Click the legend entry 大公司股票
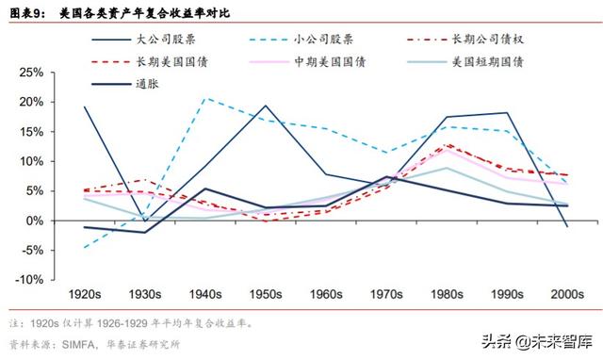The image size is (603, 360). [163, 40]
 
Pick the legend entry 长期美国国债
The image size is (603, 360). [163, 61]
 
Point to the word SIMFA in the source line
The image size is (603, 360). [78, 345]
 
